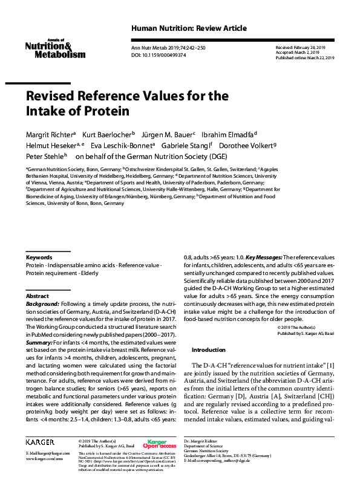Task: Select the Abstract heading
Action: (37, 296)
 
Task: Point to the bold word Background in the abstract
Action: (42, 304)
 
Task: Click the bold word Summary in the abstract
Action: (39, 343)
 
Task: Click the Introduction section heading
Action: (209, 350)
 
